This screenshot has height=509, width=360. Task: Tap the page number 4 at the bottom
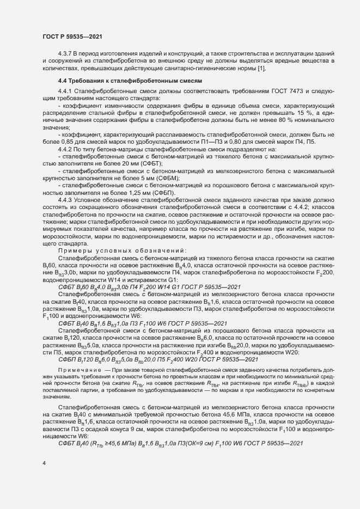[x=44, y=463]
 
